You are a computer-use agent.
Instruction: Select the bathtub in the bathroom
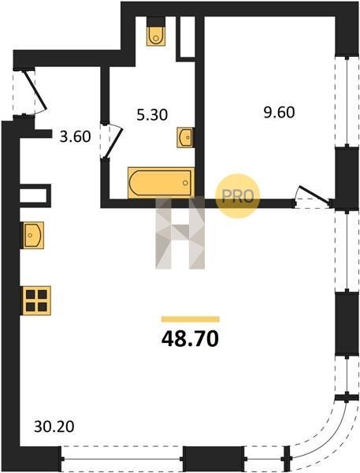(x=161, y=183)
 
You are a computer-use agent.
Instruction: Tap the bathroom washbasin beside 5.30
(x=185, y=137)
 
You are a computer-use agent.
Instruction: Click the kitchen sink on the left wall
(x=32, y=235)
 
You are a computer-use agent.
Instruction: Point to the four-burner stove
(x=36, y=300)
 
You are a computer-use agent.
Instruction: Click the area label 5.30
(x=152, y=115)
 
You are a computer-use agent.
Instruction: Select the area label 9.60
(x=279, y=113)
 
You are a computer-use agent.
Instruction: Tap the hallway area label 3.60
(x=75, y=136)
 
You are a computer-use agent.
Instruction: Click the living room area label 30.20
(x=54, y=426)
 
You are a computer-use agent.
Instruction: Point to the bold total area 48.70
(x=190, y=339)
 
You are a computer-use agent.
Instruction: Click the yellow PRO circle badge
(x=238, y=196)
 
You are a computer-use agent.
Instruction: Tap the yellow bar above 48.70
(x=191, y=319)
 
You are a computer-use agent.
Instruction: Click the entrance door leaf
(x=35, y=90)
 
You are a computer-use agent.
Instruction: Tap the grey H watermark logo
(x=180, y=233)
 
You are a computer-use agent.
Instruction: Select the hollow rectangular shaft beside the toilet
(x=186, y=37)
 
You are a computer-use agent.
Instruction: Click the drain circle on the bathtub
(x=185, y=183)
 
